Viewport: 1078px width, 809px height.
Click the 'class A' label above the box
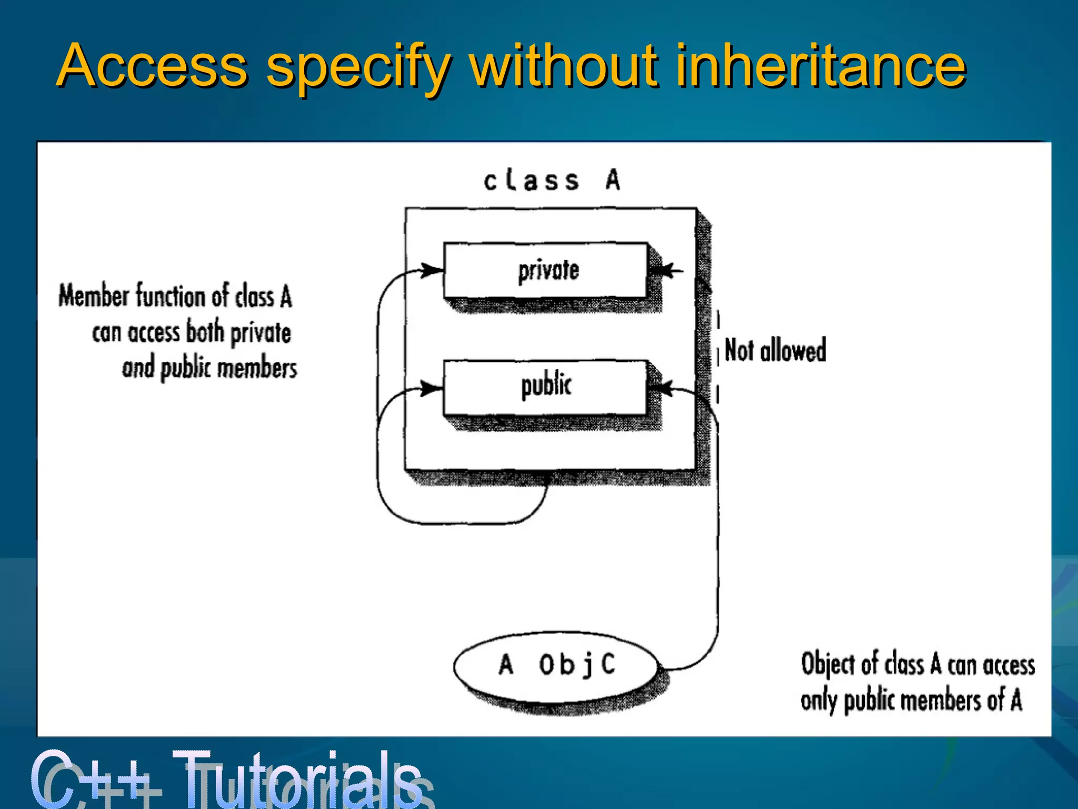pos(552,181)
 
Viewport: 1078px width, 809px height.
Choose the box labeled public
pos(546,387)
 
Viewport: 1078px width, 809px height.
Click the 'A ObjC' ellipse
pos(556,665)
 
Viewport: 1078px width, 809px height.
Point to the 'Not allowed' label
pos(775,350)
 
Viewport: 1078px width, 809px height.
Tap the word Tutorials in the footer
pos(297,778)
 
